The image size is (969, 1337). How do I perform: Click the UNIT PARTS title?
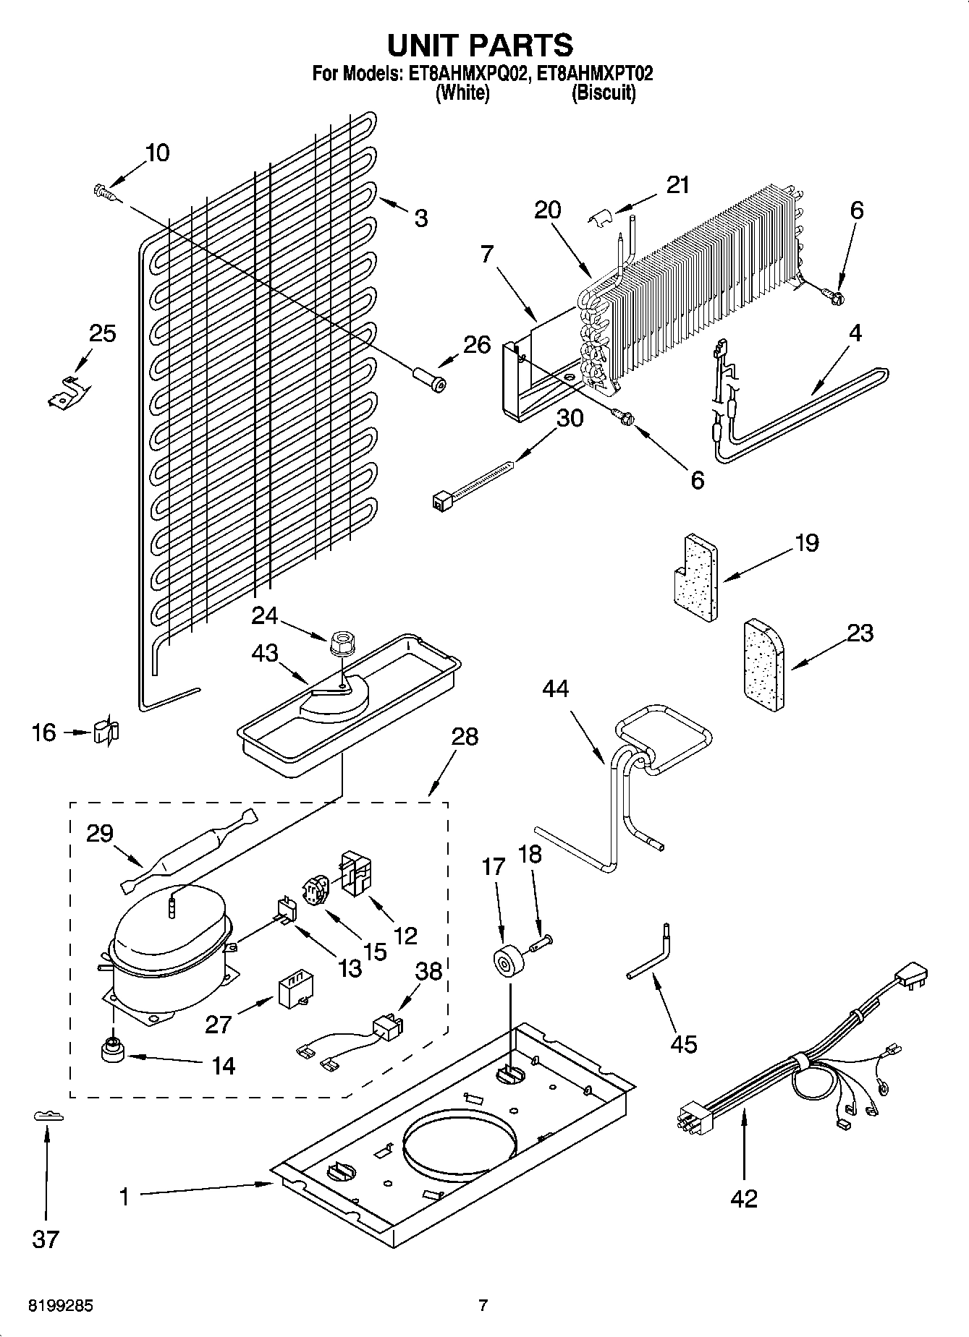click(x=480, y=45)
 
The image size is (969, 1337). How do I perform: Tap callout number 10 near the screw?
click(x=157, y=153)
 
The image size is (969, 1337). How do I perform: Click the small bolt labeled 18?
click(x=541, y=943)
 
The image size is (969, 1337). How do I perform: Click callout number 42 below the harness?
click(x=743, y=1198)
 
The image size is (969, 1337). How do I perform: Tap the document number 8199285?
click(x=60, y=1306)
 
